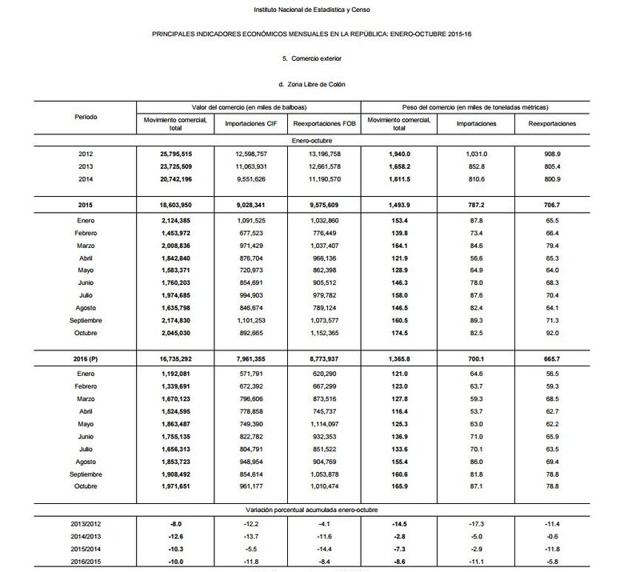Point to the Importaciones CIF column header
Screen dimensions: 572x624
250,125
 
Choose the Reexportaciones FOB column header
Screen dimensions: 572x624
323,125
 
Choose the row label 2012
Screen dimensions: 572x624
86,152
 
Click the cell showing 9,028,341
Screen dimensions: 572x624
250,206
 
